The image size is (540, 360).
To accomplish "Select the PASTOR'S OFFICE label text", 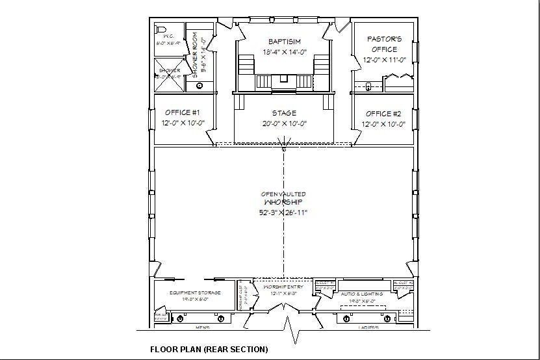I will pyautogui.click(x=384, y=44).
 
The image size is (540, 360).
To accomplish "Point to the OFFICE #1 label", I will pyautogui.click(x=177, y=112).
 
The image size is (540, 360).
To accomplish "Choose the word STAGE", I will pyautogui.click(x=284, y=112).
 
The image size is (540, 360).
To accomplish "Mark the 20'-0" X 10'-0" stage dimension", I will pyautogui.click(x=284, y=123).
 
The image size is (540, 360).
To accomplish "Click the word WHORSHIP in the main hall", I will pyautogui.click(x=283, y=202).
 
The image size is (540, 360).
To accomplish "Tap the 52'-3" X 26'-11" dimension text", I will pyautogui.click(x=283, y=212).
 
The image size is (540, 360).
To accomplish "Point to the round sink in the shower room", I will pyautogui.click(x=199, y=85).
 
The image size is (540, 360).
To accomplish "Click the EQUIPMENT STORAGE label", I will pyautogui.click(x=195, y=293).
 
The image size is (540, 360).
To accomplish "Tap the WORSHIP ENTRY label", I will pyautogui.click(x=279, y=287).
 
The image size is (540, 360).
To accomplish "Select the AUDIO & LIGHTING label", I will pyautogui.click(x=362, y=294).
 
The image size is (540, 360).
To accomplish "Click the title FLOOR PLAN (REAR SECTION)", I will pyautogui.click(x=209, y=349).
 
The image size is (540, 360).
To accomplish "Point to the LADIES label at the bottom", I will pyautogui.click(x=367, y=328).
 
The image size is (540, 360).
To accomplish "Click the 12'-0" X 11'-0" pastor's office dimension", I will pyautogui.click(x=383, y=60).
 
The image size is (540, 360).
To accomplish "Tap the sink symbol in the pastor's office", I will pyautogui.click(x=368, y=85).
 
